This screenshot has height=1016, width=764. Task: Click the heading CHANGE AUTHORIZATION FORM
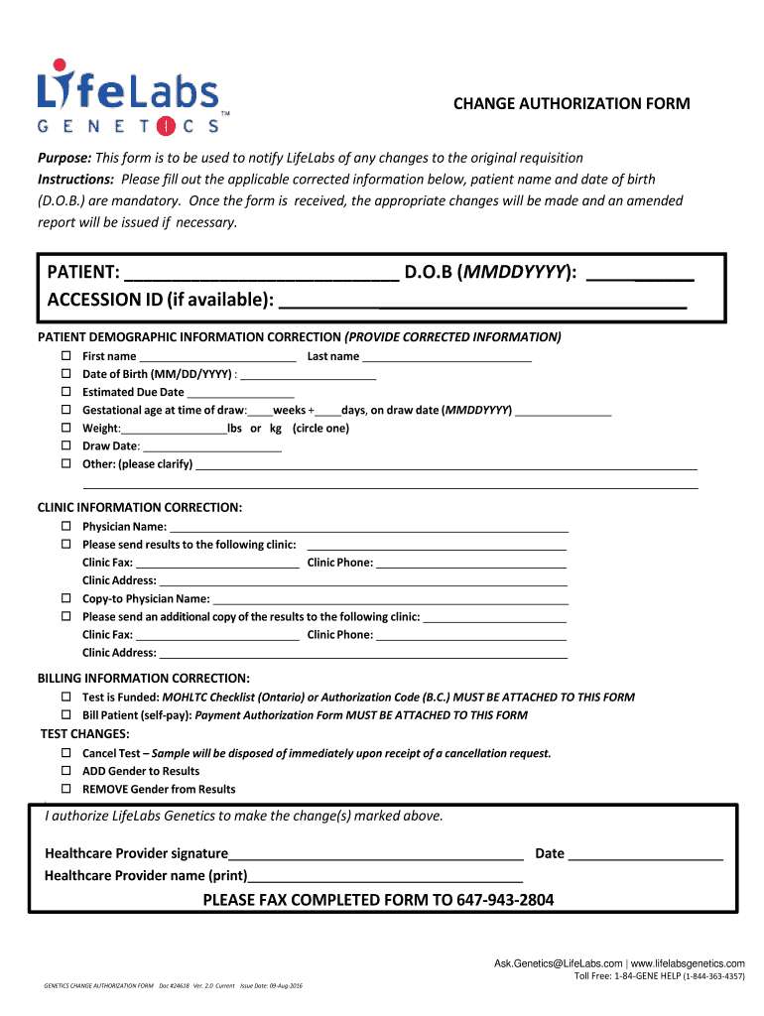click(x=572, y=104)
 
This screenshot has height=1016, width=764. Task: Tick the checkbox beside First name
click(x=66, y=356)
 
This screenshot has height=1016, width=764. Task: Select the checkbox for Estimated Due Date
click(x=66, y=392)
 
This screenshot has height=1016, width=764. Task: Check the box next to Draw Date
click(x=66, y=445)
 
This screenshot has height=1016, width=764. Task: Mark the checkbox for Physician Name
click(x=66, y=526)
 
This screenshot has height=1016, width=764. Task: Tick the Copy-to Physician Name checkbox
click(x=66, y=598)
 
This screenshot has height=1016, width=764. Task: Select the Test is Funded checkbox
click(x=66, y=697)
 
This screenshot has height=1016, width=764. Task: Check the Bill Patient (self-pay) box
click(x=66, y=714)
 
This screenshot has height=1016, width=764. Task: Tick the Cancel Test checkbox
click(x=66, y=753)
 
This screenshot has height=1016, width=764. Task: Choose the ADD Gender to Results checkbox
click(x=66, y=771)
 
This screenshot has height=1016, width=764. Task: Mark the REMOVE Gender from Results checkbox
click(x=66, y=789)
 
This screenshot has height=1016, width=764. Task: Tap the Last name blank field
click(x=446, y=357)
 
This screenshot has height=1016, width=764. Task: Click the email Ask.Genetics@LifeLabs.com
click(x=559, y=963)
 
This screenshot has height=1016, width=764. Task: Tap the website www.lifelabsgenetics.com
click(x=688, y=963)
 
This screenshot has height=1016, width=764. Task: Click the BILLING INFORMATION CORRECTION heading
click(x=143, y=678)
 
